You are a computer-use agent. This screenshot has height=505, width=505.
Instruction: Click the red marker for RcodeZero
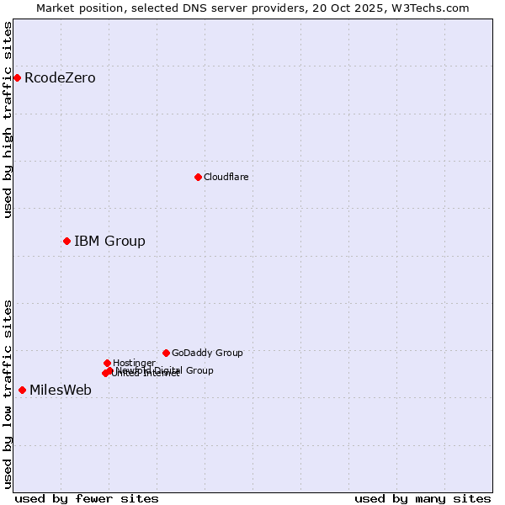pyautogui.click(x=17, y=78)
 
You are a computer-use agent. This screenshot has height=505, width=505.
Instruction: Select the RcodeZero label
pyautogui.click(x=60, y=78)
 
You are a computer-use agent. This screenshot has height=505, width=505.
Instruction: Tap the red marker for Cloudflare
pyautogui.click(x=198, y=177)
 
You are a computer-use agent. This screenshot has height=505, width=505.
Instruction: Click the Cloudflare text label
pyautogui.click(x=226, y=177)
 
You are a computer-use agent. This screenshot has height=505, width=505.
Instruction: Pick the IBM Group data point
pyautogui.click(x=66, y=242)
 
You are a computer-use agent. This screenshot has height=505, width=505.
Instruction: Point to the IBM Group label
pyautogui.click(x=109, y=242)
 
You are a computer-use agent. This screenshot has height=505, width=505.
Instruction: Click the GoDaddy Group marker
pyautogui.click(x=166, y=353)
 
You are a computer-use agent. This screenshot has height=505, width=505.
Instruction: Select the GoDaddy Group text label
pyautogui.click(x=207, y=353)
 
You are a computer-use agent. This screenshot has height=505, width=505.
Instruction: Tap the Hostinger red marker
pyautogui.click(x=107, y=363)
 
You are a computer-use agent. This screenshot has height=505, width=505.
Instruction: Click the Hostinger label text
pyautogui.click(x=134, y=363)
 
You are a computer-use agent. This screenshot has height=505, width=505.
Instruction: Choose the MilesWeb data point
pyautogui.click(x=22, y=390)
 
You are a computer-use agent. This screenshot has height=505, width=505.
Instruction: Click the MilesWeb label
pyautogui.click(x=61, y=391)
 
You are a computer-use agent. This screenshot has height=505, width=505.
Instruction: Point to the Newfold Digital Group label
pyautogui.click(x=165, y=370)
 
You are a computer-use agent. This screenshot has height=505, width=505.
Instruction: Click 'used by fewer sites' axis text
pyautogui.click(x=87, y=498)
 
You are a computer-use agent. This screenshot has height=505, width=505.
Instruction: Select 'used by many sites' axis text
pyautogui.click(x=422, y=498)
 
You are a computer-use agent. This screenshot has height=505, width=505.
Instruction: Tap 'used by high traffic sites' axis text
pyautogui.click(x=8, y=120)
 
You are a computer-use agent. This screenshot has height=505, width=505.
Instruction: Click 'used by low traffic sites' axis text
pyautogui.click(x=8, y=394)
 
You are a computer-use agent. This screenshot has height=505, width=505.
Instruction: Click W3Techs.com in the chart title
pyautogui.click(x=433, y=8)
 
